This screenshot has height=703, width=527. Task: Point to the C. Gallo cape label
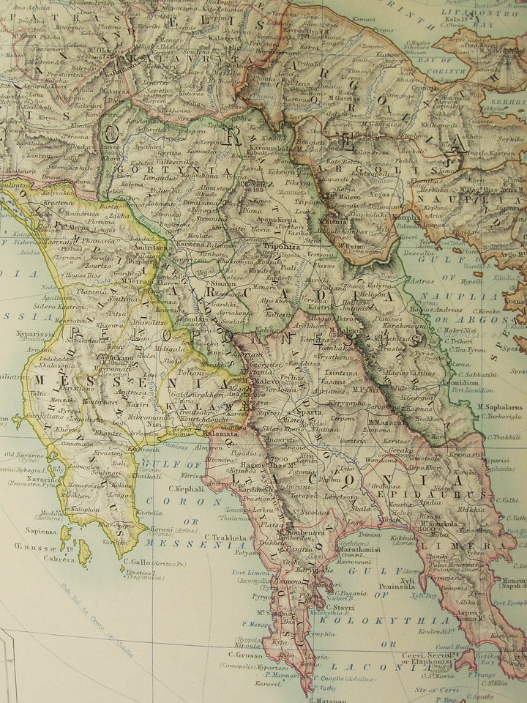click(x=137, y=562)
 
